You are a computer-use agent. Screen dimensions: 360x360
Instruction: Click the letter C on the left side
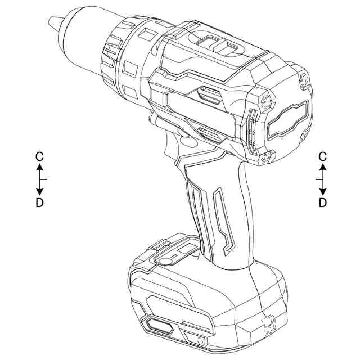tap(39, 157)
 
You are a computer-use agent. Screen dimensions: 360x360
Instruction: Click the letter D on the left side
tap(39, 202)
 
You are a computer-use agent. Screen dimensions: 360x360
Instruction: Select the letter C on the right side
tap(323, 157)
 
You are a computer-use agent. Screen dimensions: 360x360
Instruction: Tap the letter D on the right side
tap(323, 202)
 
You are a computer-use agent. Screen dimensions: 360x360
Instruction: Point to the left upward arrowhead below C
tap(40, 167)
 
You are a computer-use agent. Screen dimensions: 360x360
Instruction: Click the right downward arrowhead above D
tap(323, 192)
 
